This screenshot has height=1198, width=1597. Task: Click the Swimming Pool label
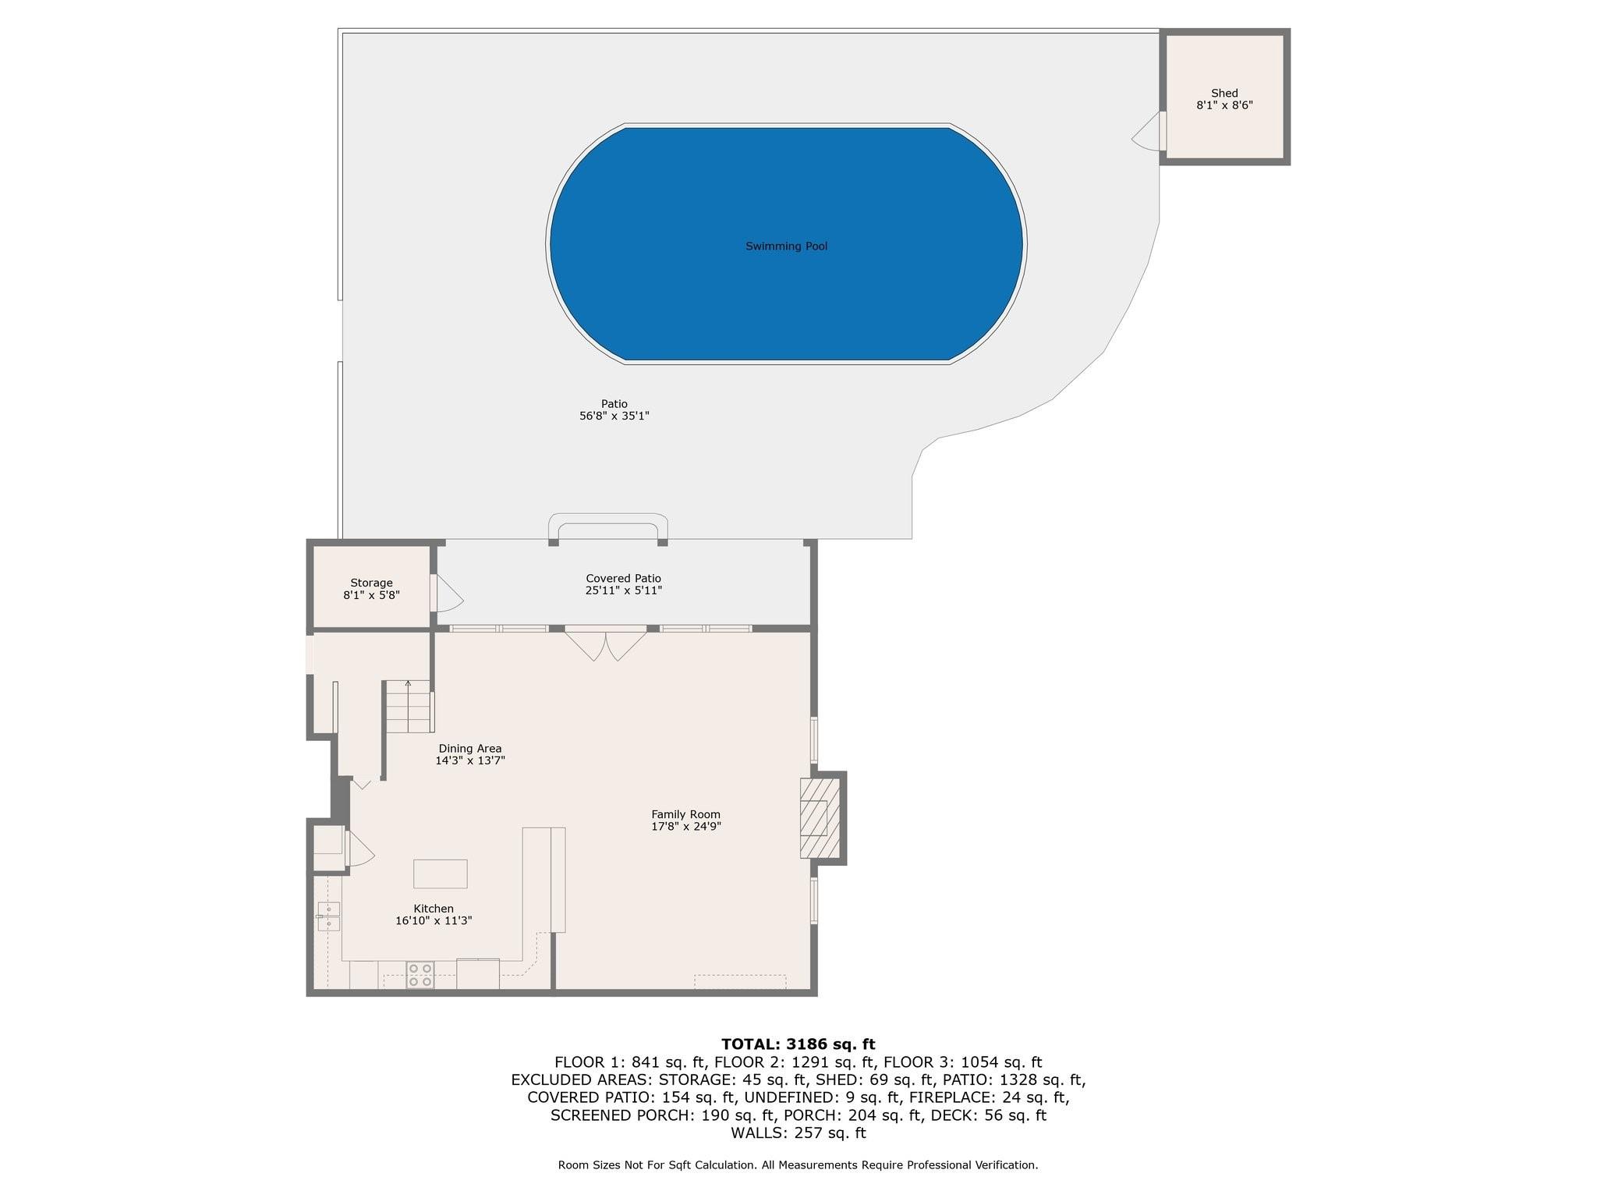coord(786,246)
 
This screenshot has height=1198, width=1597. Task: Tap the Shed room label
coord(1224,94)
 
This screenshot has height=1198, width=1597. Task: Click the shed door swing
coord(1146,132)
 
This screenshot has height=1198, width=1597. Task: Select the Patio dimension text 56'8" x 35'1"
coord(614,416)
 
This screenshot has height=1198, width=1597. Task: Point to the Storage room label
coord(371,583)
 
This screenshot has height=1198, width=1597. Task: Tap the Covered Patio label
coord(624,579)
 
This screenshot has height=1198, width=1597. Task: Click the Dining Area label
coord(470,749)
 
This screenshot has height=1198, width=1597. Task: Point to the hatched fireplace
coord(820,818)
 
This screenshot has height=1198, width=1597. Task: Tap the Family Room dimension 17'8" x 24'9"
coord(686,827)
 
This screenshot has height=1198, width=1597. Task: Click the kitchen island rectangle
coord(440,874)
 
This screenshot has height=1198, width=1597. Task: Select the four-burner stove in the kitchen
coord(420,976)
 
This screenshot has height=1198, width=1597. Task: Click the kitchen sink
coord(329,916)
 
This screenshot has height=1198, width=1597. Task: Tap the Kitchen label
coord(434,909)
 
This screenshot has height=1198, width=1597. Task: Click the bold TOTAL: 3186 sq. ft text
coord(798,1044)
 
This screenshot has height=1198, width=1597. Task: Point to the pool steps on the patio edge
coord(608,527)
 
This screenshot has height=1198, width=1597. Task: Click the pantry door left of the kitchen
coord(359,849)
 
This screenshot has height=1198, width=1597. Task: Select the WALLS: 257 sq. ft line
coord(798,1133)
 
